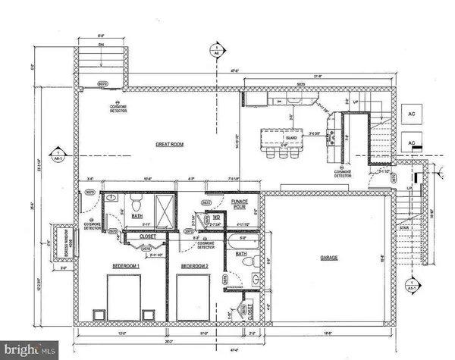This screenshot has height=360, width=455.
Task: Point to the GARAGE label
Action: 328,258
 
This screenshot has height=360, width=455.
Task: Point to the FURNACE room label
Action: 240,203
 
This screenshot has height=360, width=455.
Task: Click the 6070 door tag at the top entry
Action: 101,84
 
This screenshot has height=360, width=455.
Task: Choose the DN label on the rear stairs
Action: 101,44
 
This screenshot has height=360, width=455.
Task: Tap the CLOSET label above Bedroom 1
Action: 149,236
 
